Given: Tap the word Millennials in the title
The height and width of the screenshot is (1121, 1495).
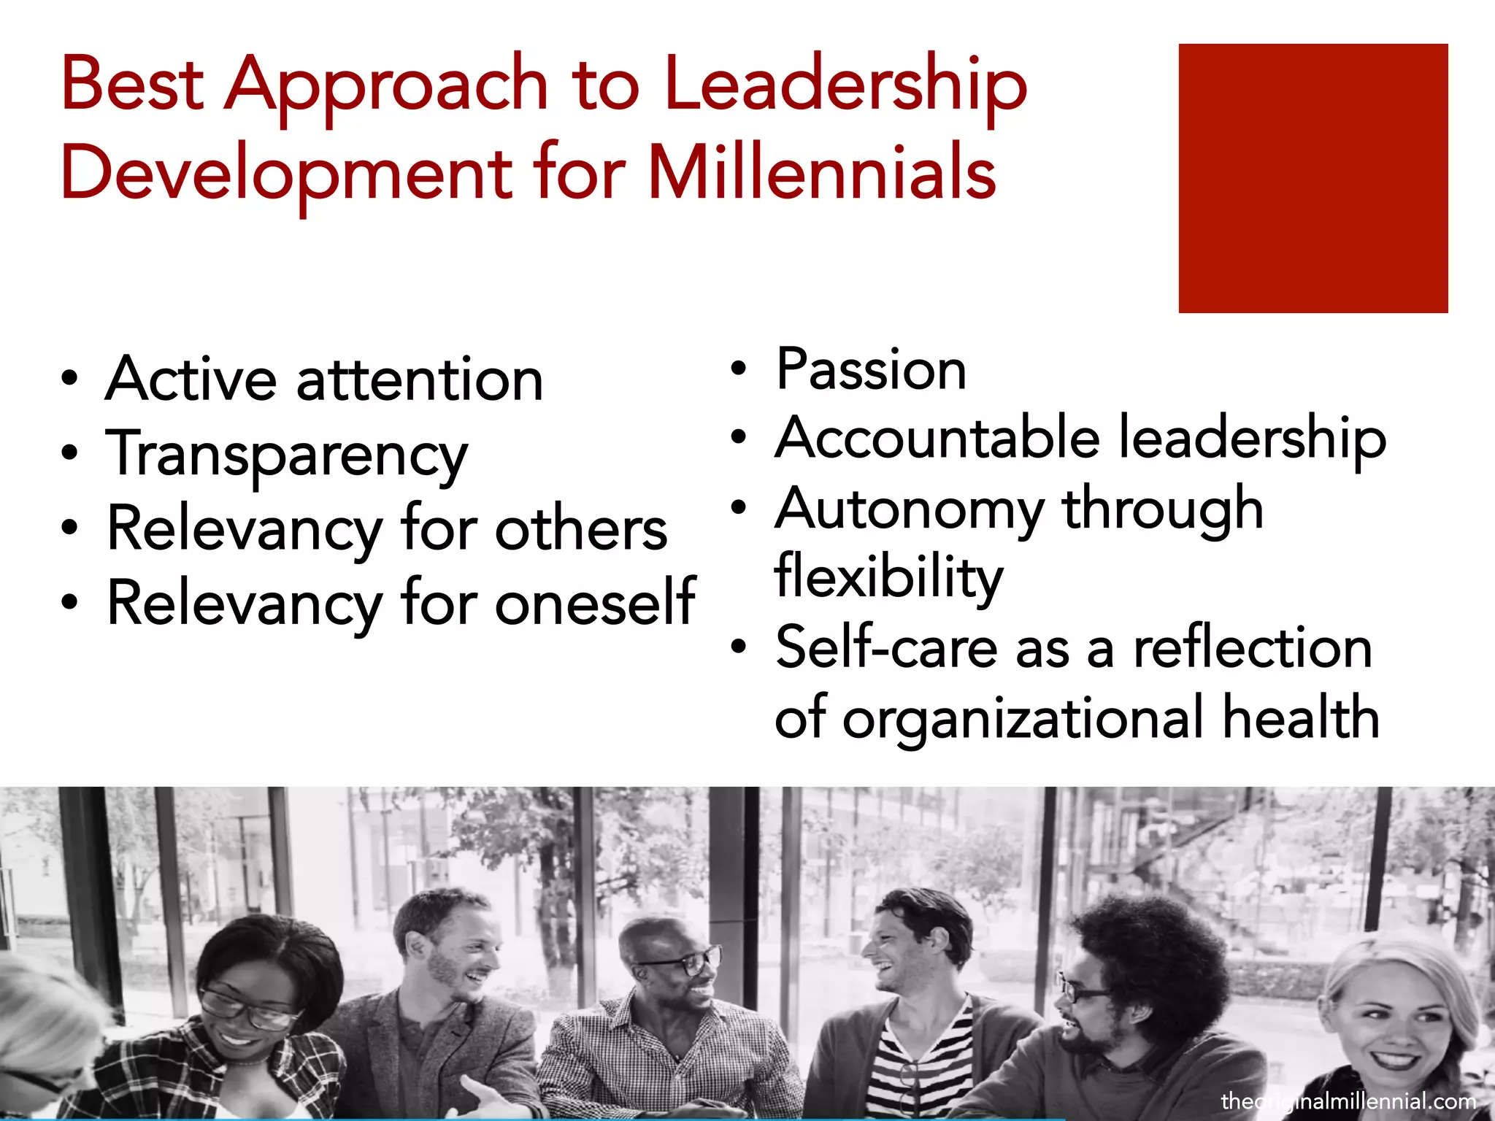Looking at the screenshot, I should pos(821,174).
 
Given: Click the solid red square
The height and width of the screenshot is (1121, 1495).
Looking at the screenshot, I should pos(1313,178).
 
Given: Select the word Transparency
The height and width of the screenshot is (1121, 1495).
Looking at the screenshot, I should pos(287,455).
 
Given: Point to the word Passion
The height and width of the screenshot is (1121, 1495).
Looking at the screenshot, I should pos(871,369).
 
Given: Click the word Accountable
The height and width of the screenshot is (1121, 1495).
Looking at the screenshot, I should pos(937,438).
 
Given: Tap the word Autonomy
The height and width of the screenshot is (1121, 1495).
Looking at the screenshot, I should pos(909,509).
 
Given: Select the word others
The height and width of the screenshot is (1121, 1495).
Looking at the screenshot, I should pos(581,528).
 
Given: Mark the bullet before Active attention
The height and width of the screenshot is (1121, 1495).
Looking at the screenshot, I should pos(69,378).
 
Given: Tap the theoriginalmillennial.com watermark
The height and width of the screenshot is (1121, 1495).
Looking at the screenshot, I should pos(1348,1101).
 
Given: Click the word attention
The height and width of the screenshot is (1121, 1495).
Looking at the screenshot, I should pos(420,380).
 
